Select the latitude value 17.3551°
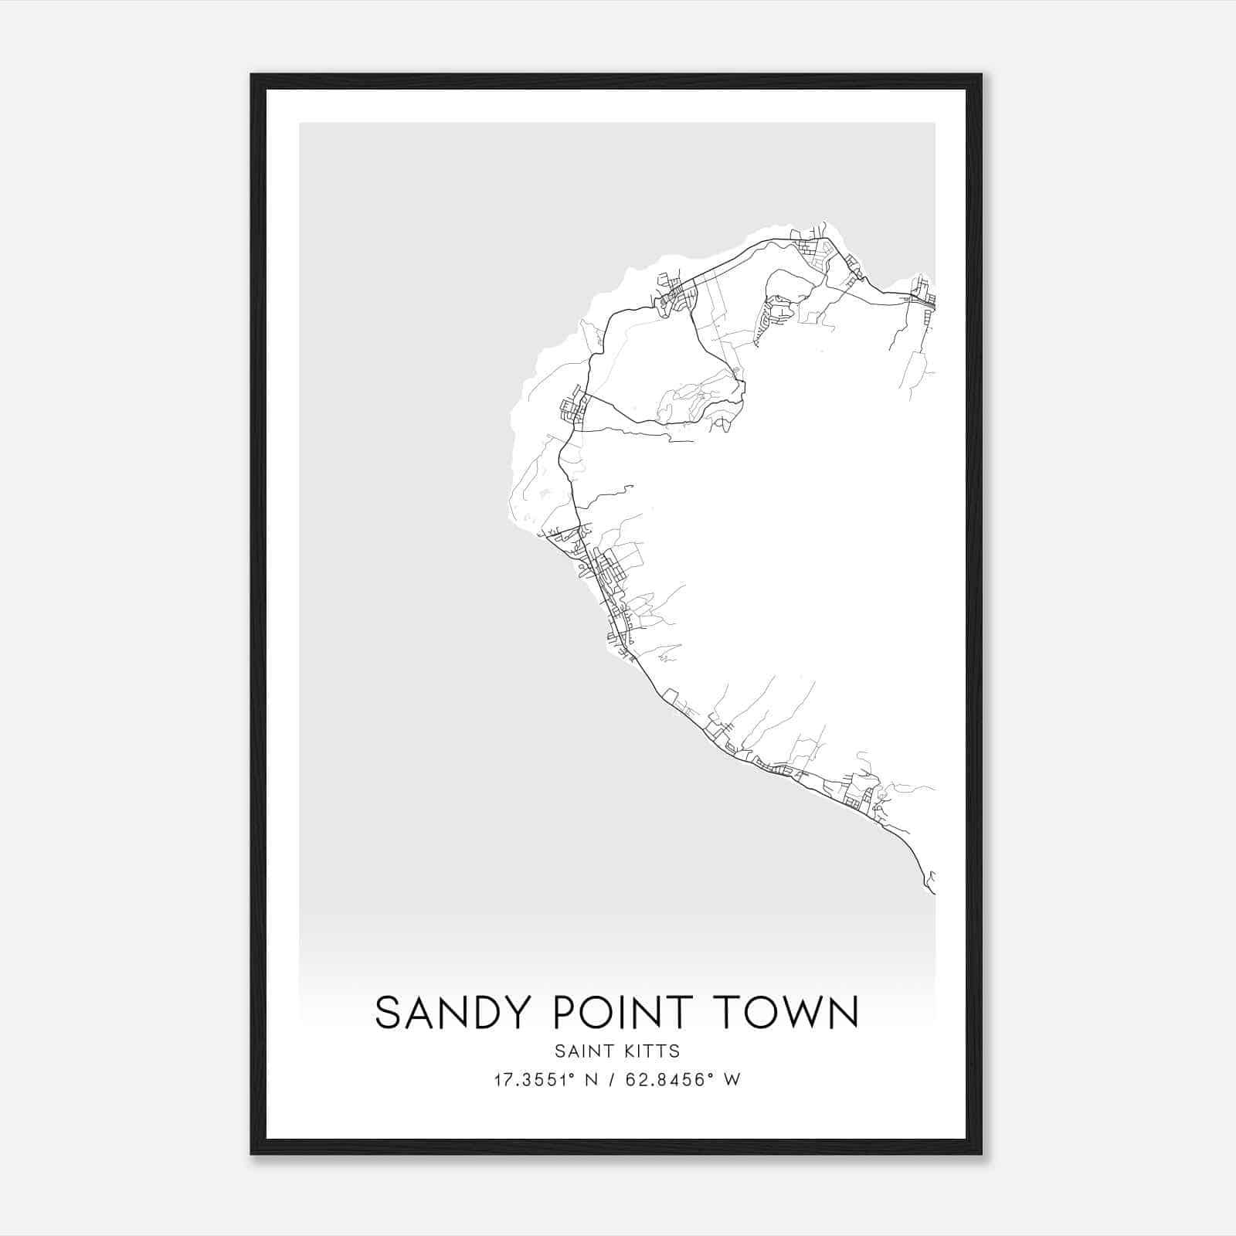[x=533, y=1080]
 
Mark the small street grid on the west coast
[x=576, y=408]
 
